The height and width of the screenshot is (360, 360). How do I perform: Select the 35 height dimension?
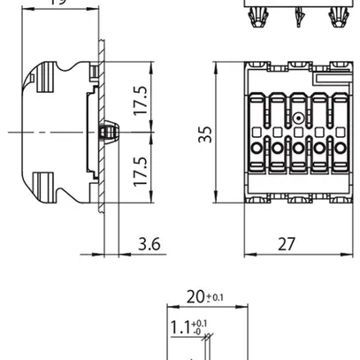pos(206,134)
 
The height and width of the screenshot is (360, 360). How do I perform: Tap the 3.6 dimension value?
pos(149,243)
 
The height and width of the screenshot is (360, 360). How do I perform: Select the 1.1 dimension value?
pos(180,328)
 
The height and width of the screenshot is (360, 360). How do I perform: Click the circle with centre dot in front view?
pos(297,118)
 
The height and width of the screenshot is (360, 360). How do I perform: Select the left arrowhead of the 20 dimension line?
pos(170,308)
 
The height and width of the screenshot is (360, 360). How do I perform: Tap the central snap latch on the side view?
pos(109,132)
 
